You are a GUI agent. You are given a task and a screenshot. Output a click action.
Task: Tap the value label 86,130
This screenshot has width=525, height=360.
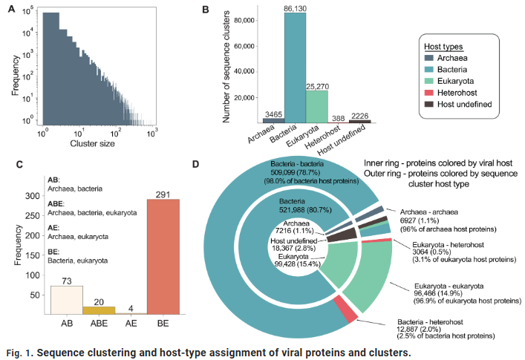[x=296, y=8]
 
